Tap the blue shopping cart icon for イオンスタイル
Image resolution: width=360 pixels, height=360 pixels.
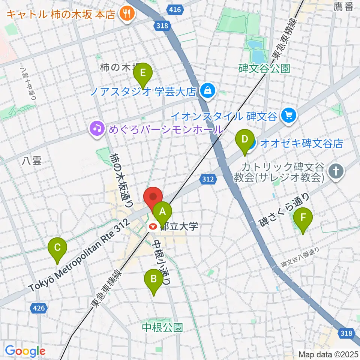pos(288,115)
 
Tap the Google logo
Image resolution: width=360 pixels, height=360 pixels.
pos(25,351)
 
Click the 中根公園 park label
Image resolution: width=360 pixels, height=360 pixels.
pos(162,328)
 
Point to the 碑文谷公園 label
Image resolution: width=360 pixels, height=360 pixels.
pos(264,69)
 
